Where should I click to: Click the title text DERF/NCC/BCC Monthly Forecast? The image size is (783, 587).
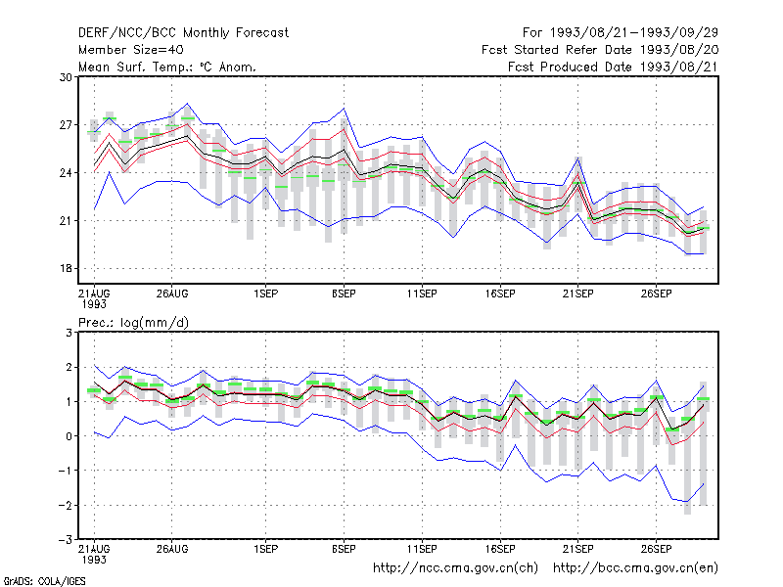(183, 33)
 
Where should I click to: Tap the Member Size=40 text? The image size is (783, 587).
(131, 50)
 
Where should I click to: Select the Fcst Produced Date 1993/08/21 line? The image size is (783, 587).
(613, 67)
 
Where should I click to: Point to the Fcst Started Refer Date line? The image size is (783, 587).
(600, 50)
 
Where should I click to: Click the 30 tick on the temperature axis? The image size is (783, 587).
(66, 77)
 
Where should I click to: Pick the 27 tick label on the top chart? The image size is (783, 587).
(66, 125)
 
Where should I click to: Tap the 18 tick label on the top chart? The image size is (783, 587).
(66, 268)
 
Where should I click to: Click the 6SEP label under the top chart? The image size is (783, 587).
(344, 293)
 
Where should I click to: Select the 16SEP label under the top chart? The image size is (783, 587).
(500, 293)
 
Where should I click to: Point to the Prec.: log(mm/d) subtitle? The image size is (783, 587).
(133, 323)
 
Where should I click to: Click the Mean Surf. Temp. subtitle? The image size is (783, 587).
(167, 67)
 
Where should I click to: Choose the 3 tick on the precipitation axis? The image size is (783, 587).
(69, 333)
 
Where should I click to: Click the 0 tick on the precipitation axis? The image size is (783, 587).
(69, 436)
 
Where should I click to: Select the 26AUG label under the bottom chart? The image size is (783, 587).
(172, 549)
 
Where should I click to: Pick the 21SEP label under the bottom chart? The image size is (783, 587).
(578, 549)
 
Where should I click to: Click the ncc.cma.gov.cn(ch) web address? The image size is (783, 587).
(455, 568)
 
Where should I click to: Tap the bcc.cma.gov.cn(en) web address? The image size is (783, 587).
(635, 568)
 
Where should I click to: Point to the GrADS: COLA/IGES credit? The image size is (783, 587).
(44, 581)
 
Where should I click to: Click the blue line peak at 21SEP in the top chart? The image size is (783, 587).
(578, 158)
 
